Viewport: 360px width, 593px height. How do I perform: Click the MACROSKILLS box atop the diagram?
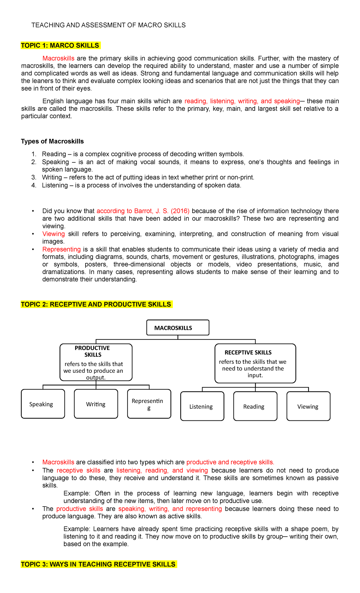click(x=178, y=328)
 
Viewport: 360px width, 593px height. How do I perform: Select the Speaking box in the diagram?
click(x=43, y=404)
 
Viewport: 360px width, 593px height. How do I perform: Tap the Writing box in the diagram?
click(x=96, y=404)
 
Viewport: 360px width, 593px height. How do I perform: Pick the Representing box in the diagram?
click(x=149, y=404)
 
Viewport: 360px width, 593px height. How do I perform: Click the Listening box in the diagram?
click(x=202, y=406)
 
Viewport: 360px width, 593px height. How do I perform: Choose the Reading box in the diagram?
click(x=255, y=406)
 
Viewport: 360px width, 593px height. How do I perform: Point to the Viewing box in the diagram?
click(x=308, y=406)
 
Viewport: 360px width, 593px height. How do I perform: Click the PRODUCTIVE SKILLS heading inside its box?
click(x=92, y=351)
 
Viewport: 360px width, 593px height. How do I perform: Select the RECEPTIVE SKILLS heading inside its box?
click(x=248, y=353)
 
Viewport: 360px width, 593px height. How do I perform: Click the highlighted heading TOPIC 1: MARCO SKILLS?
click(x=60, y=46)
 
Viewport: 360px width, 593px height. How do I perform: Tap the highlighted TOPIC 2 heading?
click(x=96, y=305)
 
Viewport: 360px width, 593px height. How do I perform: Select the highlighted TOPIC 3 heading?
click(x=98, y=564)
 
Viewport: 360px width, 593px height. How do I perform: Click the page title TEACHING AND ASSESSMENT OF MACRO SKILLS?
click(x=108, y=25)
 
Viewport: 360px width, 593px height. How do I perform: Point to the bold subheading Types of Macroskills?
click(x=52, y=141)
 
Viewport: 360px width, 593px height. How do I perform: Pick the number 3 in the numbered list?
click(x=34, y=177)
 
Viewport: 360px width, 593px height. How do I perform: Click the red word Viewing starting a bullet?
click(x=53, y=234)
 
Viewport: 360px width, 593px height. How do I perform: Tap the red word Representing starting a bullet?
click(x=61, y=249)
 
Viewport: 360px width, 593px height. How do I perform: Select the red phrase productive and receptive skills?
click(x=230, y=462)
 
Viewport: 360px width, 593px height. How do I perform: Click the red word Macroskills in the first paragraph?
click(x=58, y=58)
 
